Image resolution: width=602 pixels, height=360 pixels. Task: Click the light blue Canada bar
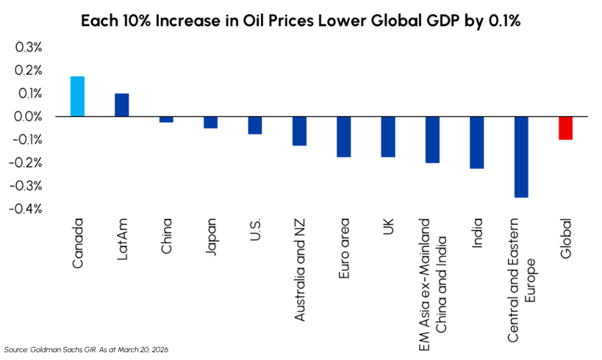point(77,96)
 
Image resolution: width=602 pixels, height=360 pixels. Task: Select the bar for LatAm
point(122,105)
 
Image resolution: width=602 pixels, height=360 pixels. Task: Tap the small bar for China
point(166,119)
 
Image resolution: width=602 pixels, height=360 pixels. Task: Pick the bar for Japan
point(210,122)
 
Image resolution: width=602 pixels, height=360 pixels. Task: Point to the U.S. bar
point(255,125)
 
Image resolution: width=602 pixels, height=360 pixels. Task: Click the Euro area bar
point(343,136)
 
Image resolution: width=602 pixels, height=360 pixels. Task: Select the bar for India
point(477,142)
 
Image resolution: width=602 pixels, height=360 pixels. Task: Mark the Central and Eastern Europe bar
point(521,156)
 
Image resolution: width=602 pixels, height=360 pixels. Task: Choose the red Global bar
point(566,128)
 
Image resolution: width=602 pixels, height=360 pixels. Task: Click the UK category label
point(388,226)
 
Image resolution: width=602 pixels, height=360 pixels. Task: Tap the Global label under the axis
point(566,236)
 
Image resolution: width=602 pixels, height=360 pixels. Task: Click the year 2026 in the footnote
point(158,349)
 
